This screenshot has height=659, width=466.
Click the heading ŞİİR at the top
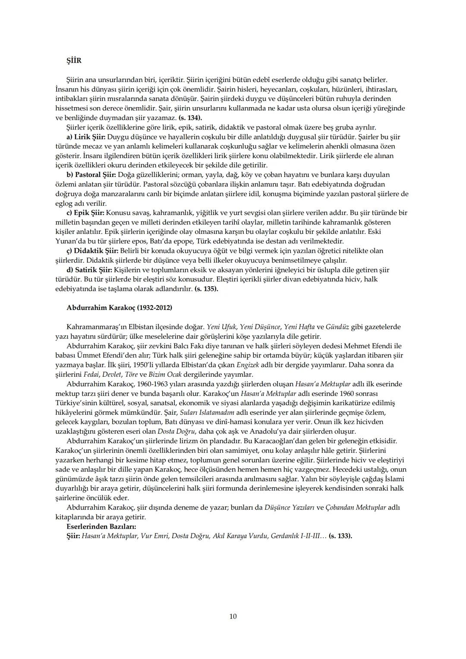(x=74, y=61)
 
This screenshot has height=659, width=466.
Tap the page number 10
(x=233, y=616)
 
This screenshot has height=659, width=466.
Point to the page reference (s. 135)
(x=206, y=289)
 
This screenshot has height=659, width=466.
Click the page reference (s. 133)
(x=340, y=536)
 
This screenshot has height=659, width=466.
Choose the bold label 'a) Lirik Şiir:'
(x=86, y=137)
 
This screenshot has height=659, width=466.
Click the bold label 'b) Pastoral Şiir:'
(x=91, y=175)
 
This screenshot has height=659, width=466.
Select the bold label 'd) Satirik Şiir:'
(x=89, y=270)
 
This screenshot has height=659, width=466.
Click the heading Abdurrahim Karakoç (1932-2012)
(x=119, y=308)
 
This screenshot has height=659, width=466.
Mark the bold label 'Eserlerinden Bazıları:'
(x=101, y=527)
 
